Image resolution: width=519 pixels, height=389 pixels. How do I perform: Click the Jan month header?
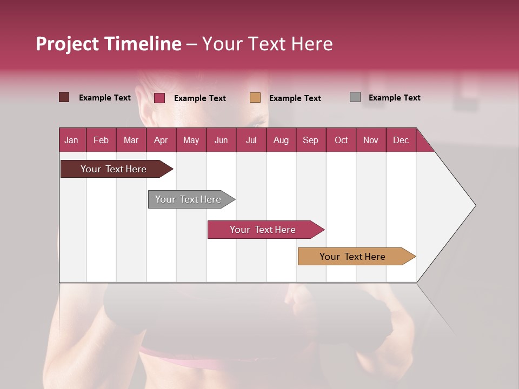[x=71, y=140]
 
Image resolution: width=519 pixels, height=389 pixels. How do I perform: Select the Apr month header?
[x=161, y=140]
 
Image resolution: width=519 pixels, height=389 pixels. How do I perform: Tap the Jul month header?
[x=251, y=140]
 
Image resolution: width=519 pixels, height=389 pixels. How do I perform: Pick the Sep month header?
[x=310, y=140]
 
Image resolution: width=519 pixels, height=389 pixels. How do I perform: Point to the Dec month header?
[x=401, y=140]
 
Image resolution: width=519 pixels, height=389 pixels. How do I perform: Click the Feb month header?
[x=101, y=140]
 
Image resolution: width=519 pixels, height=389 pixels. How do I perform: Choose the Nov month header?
[x=370, y=140]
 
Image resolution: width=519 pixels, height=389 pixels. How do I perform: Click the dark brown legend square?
[x=64, y=97]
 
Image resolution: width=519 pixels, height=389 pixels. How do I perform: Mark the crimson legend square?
[x=159, y=98]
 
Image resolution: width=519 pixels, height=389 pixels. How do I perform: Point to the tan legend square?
[x=255, y=98]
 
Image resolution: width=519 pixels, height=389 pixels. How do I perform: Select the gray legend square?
[x=355, y=97]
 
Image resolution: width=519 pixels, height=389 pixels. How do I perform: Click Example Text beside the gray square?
[x=394, y=98]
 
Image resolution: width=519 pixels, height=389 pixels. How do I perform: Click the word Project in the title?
[x=67, y=44]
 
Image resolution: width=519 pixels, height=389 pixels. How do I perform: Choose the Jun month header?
[x=221, y=140]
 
